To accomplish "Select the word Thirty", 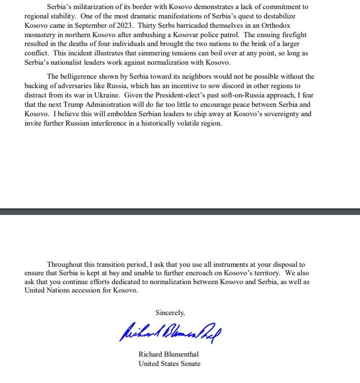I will pyautogui.click(x=147, y=26).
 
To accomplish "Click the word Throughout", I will pyautogui.click(x=65, y=264).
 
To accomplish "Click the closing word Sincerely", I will pyautogui.click(x=170, y=313).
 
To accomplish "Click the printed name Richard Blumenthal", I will pyautogui.click(x=169, y=354).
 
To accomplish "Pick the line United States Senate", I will pyautogui.click(x=169, y=364).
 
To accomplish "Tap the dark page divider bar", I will pyautogui.click(x=180, y=211).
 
